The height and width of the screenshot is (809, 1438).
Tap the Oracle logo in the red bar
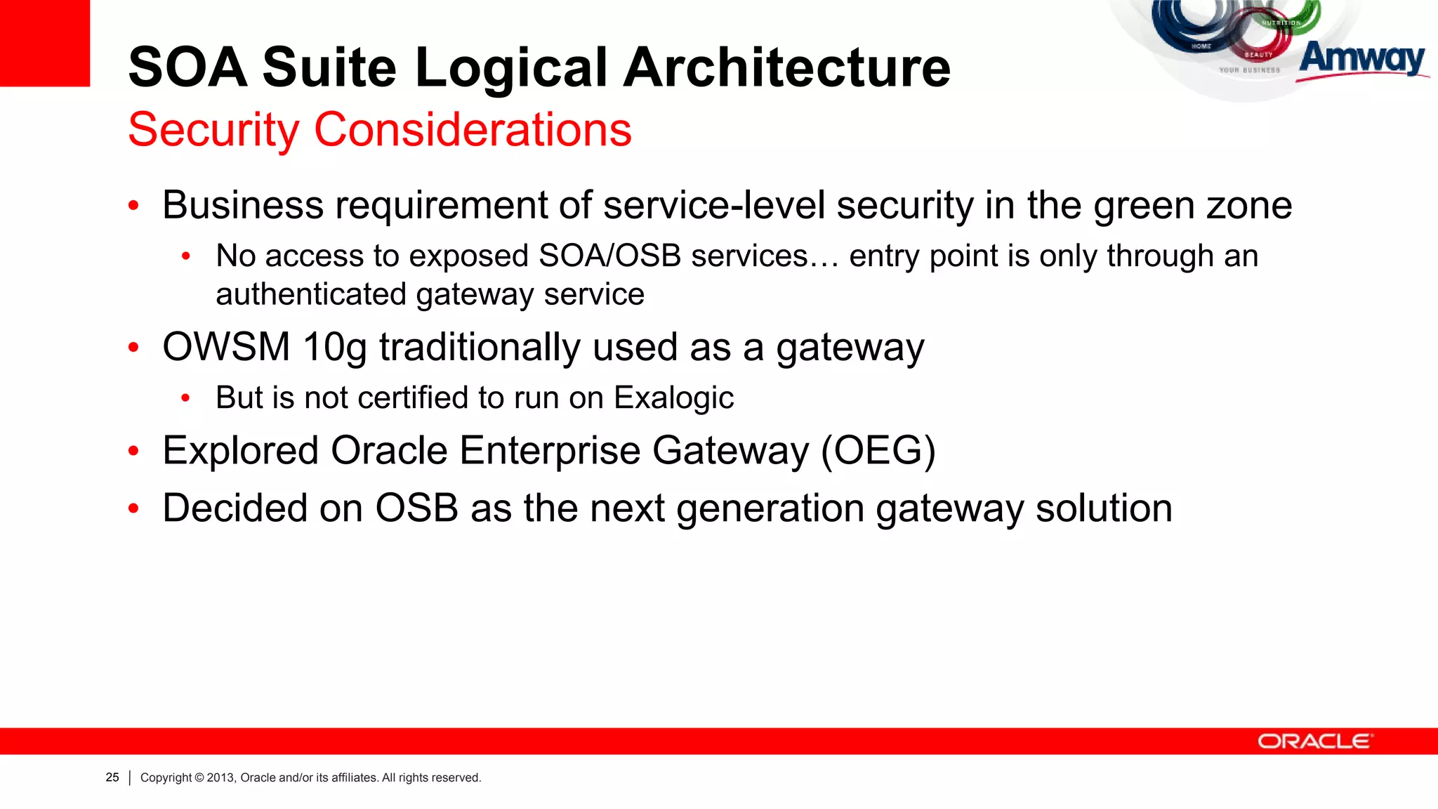click(x=1314, y=742)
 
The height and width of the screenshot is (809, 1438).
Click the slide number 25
click(x=112, y=777)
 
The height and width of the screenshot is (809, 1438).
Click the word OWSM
click(x=226, y=347)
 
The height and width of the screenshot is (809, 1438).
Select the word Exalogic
click(x=673, y=398)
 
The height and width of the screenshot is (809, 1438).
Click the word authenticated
click(x=310, y=295)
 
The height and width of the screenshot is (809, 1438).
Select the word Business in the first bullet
click(x=243, y=206)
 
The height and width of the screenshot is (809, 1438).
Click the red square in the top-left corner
click(x=44, y=42)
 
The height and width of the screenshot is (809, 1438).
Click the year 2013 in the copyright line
click(x=220, y=777)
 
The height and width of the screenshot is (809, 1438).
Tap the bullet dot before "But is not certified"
click(x=185, y=398)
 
